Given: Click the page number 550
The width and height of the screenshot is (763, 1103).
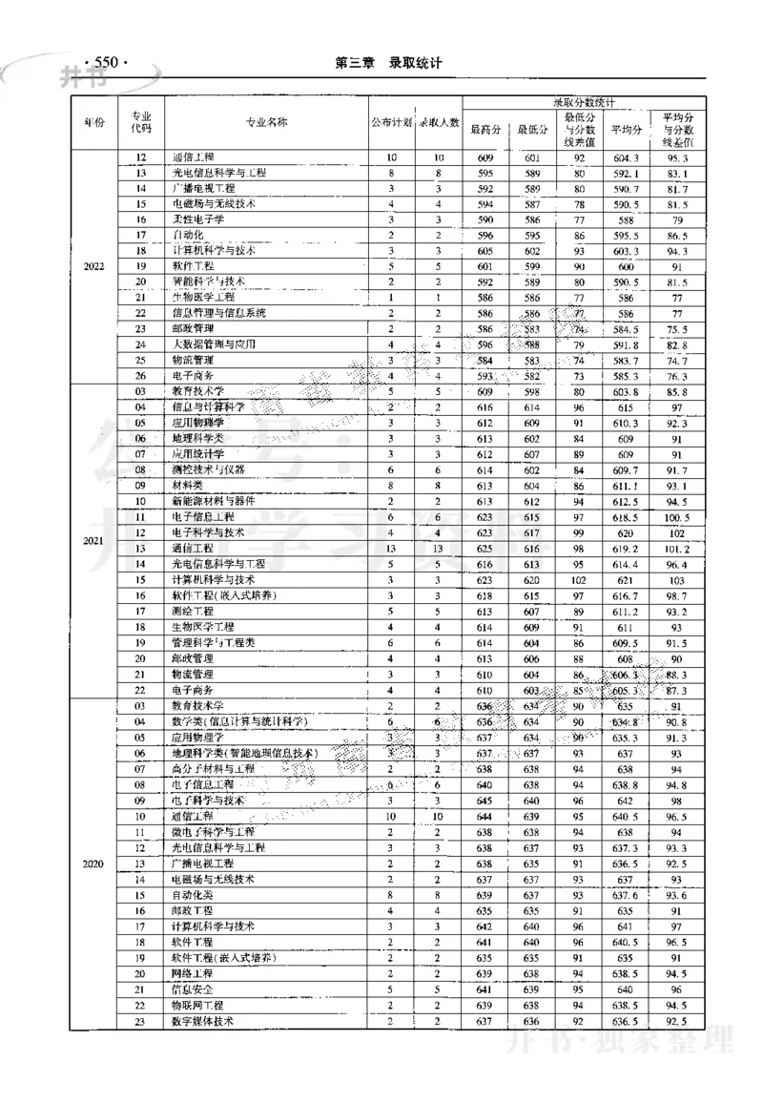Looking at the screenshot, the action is tap(105, 63).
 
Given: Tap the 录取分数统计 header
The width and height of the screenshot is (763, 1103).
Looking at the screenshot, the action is tap(584, 101).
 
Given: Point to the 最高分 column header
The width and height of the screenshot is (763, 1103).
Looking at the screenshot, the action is tap(485, 130).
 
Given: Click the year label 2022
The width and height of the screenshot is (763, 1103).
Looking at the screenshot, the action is tap(93, 266).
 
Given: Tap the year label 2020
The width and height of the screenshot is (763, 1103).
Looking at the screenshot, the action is tap(93, 864).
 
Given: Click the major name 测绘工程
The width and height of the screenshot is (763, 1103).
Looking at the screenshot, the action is tap(193, 611).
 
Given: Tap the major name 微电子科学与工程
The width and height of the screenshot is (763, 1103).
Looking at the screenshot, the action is tap(214, 832).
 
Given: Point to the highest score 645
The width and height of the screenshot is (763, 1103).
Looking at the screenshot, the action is tap(485, 801).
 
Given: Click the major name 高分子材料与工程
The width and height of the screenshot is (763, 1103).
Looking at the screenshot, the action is tap(214, 769).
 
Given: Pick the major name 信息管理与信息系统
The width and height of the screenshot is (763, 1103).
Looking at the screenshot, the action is tap(219, 313).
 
